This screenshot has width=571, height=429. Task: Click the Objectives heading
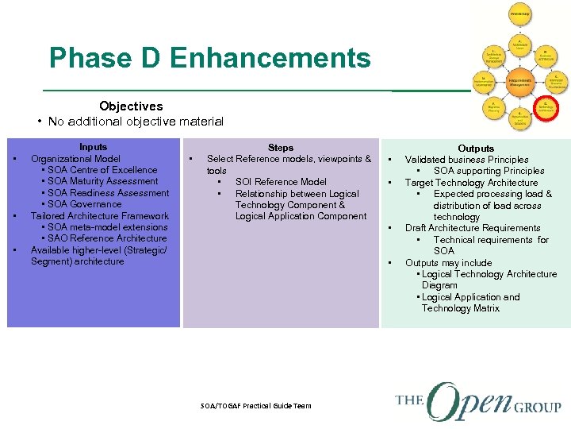[x=131, y=106]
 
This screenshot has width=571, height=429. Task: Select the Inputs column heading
[x=93, y=147]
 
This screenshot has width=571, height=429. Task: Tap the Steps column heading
[x=281, y=148]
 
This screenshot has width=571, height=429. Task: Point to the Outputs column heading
[x=476, y=149]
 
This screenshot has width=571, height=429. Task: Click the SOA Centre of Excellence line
[x=98, y=170]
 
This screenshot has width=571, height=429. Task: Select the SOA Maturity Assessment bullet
[x=98, y=181]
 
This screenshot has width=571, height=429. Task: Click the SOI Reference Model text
[x=281, y=182]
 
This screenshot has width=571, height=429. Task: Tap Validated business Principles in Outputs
[x=466, y=160]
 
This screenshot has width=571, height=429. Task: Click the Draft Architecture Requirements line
[x=473, y=228]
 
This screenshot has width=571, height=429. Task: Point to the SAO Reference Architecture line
[x=102, y=238]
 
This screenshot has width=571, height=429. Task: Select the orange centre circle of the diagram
[x=519, y=81]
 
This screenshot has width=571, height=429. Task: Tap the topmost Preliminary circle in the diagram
[x=519, y=14]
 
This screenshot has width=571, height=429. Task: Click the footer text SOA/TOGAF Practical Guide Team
[x=256, y=406]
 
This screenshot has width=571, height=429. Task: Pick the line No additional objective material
[x=136, y=122]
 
